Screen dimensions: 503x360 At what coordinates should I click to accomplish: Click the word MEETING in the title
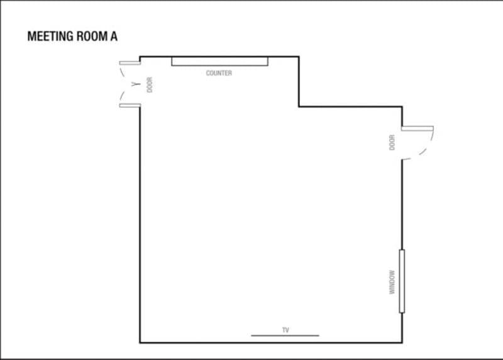click(x=50, y=37)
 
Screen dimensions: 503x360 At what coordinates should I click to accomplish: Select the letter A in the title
click(x=114, y=37)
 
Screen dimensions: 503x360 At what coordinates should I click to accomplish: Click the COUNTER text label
click(x=219, y=73)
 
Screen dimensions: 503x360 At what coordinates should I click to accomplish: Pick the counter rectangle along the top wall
click(x=219, y=61)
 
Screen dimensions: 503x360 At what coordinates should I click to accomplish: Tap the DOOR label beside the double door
click(x=150, y=85)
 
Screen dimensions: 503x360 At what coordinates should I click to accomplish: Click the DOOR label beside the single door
click(x=392, y=143)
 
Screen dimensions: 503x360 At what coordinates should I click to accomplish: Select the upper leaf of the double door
click(x=130, y=63)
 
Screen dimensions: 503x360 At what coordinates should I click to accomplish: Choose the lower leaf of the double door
click(x=130, y=106)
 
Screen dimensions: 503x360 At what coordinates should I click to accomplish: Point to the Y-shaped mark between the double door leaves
click(x=136, y=84)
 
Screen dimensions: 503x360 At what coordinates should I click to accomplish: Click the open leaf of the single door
click(x=417, y=128)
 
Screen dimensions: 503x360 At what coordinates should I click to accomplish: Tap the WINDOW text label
click(x=392, y=283)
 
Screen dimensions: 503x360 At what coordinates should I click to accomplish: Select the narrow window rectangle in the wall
click(x=402, y=281)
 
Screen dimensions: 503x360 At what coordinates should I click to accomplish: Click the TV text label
click(x=285, y=330)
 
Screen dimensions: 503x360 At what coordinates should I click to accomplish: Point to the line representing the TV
click(x=285, y=335)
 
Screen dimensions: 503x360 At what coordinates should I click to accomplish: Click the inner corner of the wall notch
click(x=299, y=106)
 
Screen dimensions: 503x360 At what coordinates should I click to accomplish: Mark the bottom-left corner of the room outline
click(x=140, y=342)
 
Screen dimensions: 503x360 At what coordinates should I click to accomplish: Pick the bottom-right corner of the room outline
click(x=402, y=342)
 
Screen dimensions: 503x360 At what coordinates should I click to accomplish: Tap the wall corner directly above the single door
click(x=402, y=106)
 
